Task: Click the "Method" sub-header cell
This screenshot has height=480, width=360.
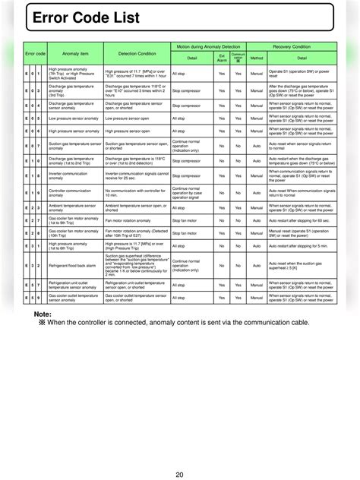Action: tap(257, 57)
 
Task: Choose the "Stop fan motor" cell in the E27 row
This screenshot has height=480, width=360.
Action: tap(186, 220)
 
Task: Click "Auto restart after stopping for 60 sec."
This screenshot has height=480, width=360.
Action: tap(301, 220)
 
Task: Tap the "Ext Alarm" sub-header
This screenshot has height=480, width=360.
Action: tap(221, 57)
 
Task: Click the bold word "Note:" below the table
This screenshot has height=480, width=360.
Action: tap(43, 314)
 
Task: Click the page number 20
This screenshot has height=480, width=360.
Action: tap(180, 453)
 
